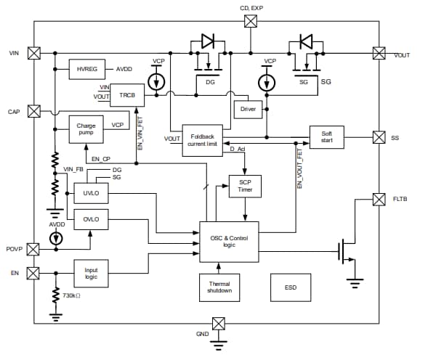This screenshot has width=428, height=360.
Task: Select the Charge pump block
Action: tap(86, 129)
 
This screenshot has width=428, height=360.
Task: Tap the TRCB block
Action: tap(127, 95)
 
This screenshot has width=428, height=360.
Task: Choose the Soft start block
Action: tap(326, 136)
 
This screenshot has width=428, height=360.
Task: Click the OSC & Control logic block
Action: tap(228, 241)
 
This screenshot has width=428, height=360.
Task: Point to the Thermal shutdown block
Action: tap(219, 287)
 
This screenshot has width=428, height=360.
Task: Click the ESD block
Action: tap(291, 287)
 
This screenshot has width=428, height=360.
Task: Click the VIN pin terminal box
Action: tap(33, 53)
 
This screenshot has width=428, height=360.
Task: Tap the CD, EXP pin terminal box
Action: tap(250, 22)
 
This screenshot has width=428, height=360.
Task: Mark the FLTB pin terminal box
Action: tap(379, 199)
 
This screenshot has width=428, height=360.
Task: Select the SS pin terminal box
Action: tap(379, 136)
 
